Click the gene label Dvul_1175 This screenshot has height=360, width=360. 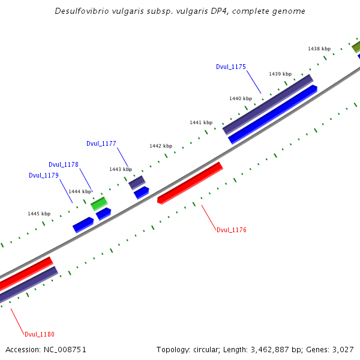pos(231,67)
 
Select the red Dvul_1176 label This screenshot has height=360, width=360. pos(232,230)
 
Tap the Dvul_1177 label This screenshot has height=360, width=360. pos(101,143)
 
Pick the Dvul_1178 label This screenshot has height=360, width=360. pos(64,164)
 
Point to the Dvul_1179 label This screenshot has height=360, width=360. pos(44,176)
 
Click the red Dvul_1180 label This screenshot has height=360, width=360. pos(40,334)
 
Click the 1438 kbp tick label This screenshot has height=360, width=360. pos(319,49)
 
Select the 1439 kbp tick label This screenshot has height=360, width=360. pos(280,74)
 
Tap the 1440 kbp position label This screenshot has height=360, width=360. pos(241,98)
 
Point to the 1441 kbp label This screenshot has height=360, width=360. pos(201,122)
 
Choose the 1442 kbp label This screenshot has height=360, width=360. pos(161,146)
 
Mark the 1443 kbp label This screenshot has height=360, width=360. pos(121,169)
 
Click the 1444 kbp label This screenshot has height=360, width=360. pos(80,191)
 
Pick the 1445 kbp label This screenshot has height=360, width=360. pos(39,214)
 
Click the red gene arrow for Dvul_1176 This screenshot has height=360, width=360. pos(190,182)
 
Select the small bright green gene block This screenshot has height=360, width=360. pos(99,203)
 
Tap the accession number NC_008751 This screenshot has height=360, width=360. pos(62,349)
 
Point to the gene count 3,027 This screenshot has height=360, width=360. pos(343,349)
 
